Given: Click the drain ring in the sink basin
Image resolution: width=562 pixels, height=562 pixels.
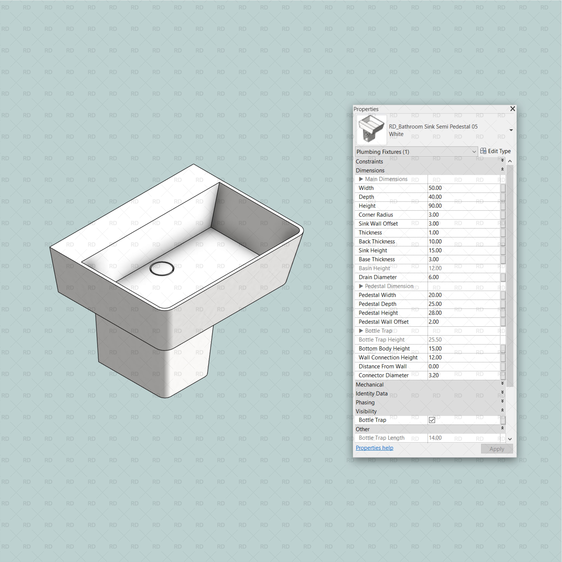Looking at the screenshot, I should point(162,268).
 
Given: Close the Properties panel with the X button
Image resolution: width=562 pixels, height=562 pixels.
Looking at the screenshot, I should point(512,109).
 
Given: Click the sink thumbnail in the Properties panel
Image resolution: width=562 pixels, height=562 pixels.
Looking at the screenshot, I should point(371,130).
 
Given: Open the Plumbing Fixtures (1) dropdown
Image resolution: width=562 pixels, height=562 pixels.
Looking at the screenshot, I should point(416,152).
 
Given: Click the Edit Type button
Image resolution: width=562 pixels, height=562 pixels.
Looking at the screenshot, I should point(495,151).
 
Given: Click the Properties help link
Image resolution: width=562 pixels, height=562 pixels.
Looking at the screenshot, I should point(374,448).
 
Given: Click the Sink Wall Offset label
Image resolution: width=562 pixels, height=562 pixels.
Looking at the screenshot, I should point(378,223).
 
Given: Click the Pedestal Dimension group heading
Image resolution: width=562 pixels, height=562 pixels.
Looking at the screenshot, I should point(389,286).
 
